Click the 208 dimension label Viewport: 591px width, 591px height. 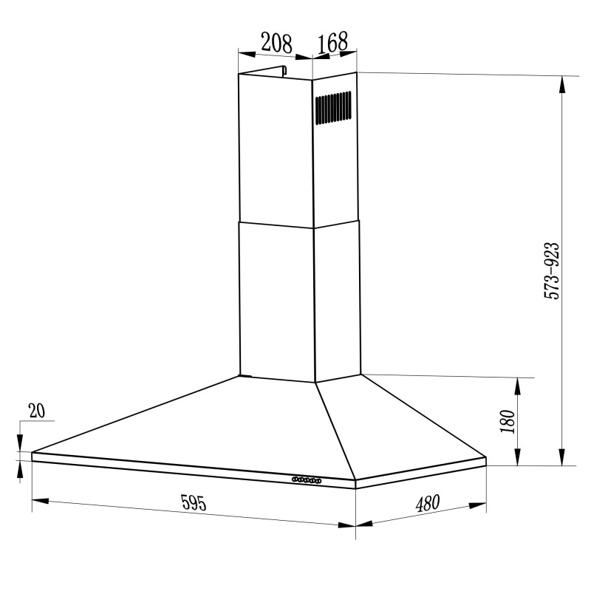click(277, 43)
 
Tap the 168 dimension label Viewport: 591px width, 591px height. click(332, 43)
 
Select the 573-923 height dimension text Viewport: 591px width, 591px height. click(552, 270)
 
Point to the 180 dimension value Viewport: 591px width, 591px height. click(507, 421)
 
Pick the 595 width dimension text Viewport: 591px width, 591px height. click(193, 502)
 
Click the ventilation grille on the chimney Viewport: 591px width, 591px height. click(332, 107)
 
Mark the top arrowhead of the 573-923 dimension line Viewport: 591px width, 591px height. click(563, 83)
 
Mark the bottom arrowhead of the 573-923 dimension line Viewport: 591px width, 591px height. click(563, 458)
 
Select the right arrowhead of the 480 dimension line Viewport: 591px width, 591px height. click(479, 506)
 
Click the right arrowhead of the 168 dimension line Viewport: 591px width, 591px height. click(352, 52)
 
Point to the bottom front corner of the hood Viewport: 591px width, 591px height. click(355, 488)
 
